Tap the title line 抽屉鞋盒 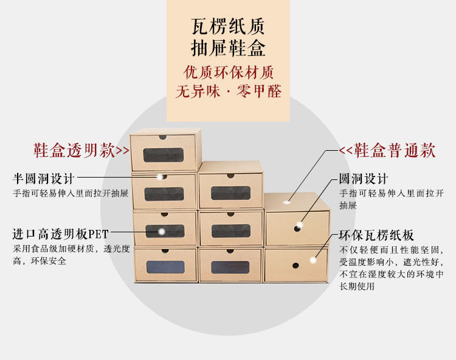[228, 49]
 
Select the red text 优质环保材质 [228, 72]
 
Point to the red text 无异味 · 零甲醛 [228, 92]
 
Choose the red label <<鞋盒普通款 [387, 150]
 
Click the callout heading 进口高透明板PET [61, 234]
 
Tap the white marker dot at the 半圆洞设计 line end [161, 177]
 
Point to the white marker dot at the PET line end [162, 232]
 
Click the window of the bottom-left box [164, 268]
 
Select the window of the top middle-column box [230, 193]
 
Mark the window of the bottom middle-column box [230, 268]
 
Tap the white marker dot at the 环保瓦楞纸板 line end [314, 260]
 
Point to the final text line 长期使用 [357, 286]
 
